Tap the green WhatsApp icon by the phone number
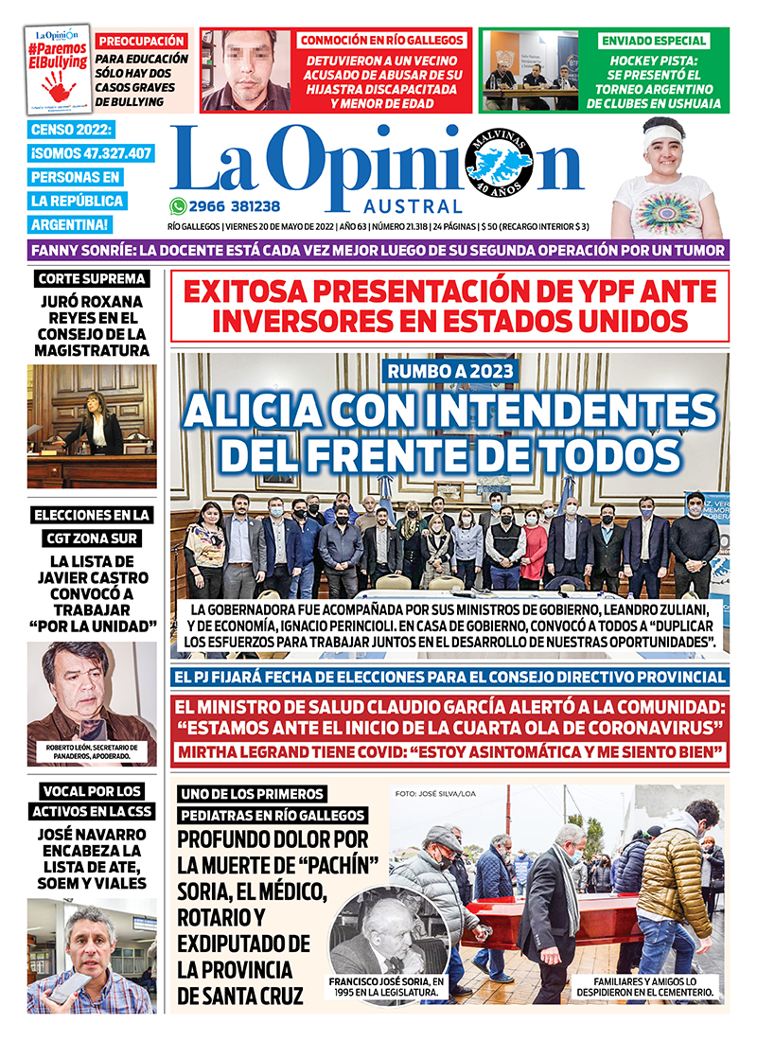point(178,206)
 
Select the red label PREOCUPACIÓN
point(142,42)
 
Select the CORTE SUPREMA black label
point(92,278)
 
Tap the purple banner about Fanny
point(378,251)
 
